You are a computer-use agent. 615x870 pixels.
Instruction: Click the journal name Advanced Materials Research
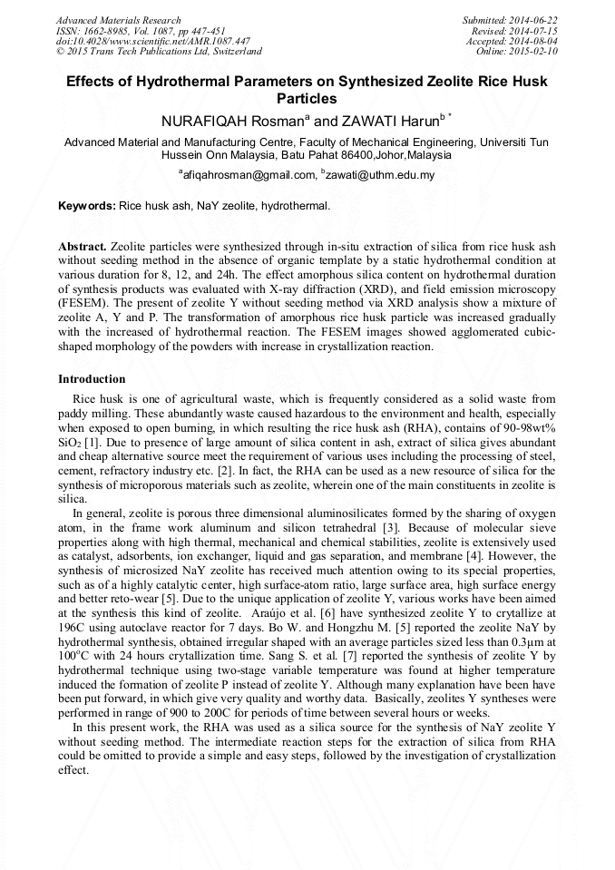coord(118,20)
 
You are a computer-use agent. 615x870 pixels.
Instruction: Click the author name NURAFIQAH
coord(204,121)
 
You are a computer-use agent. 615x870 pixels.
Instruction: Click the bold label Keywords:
coord(87,206)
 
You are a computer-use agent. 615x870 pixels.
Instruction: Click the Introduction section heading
coord(92,378)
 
